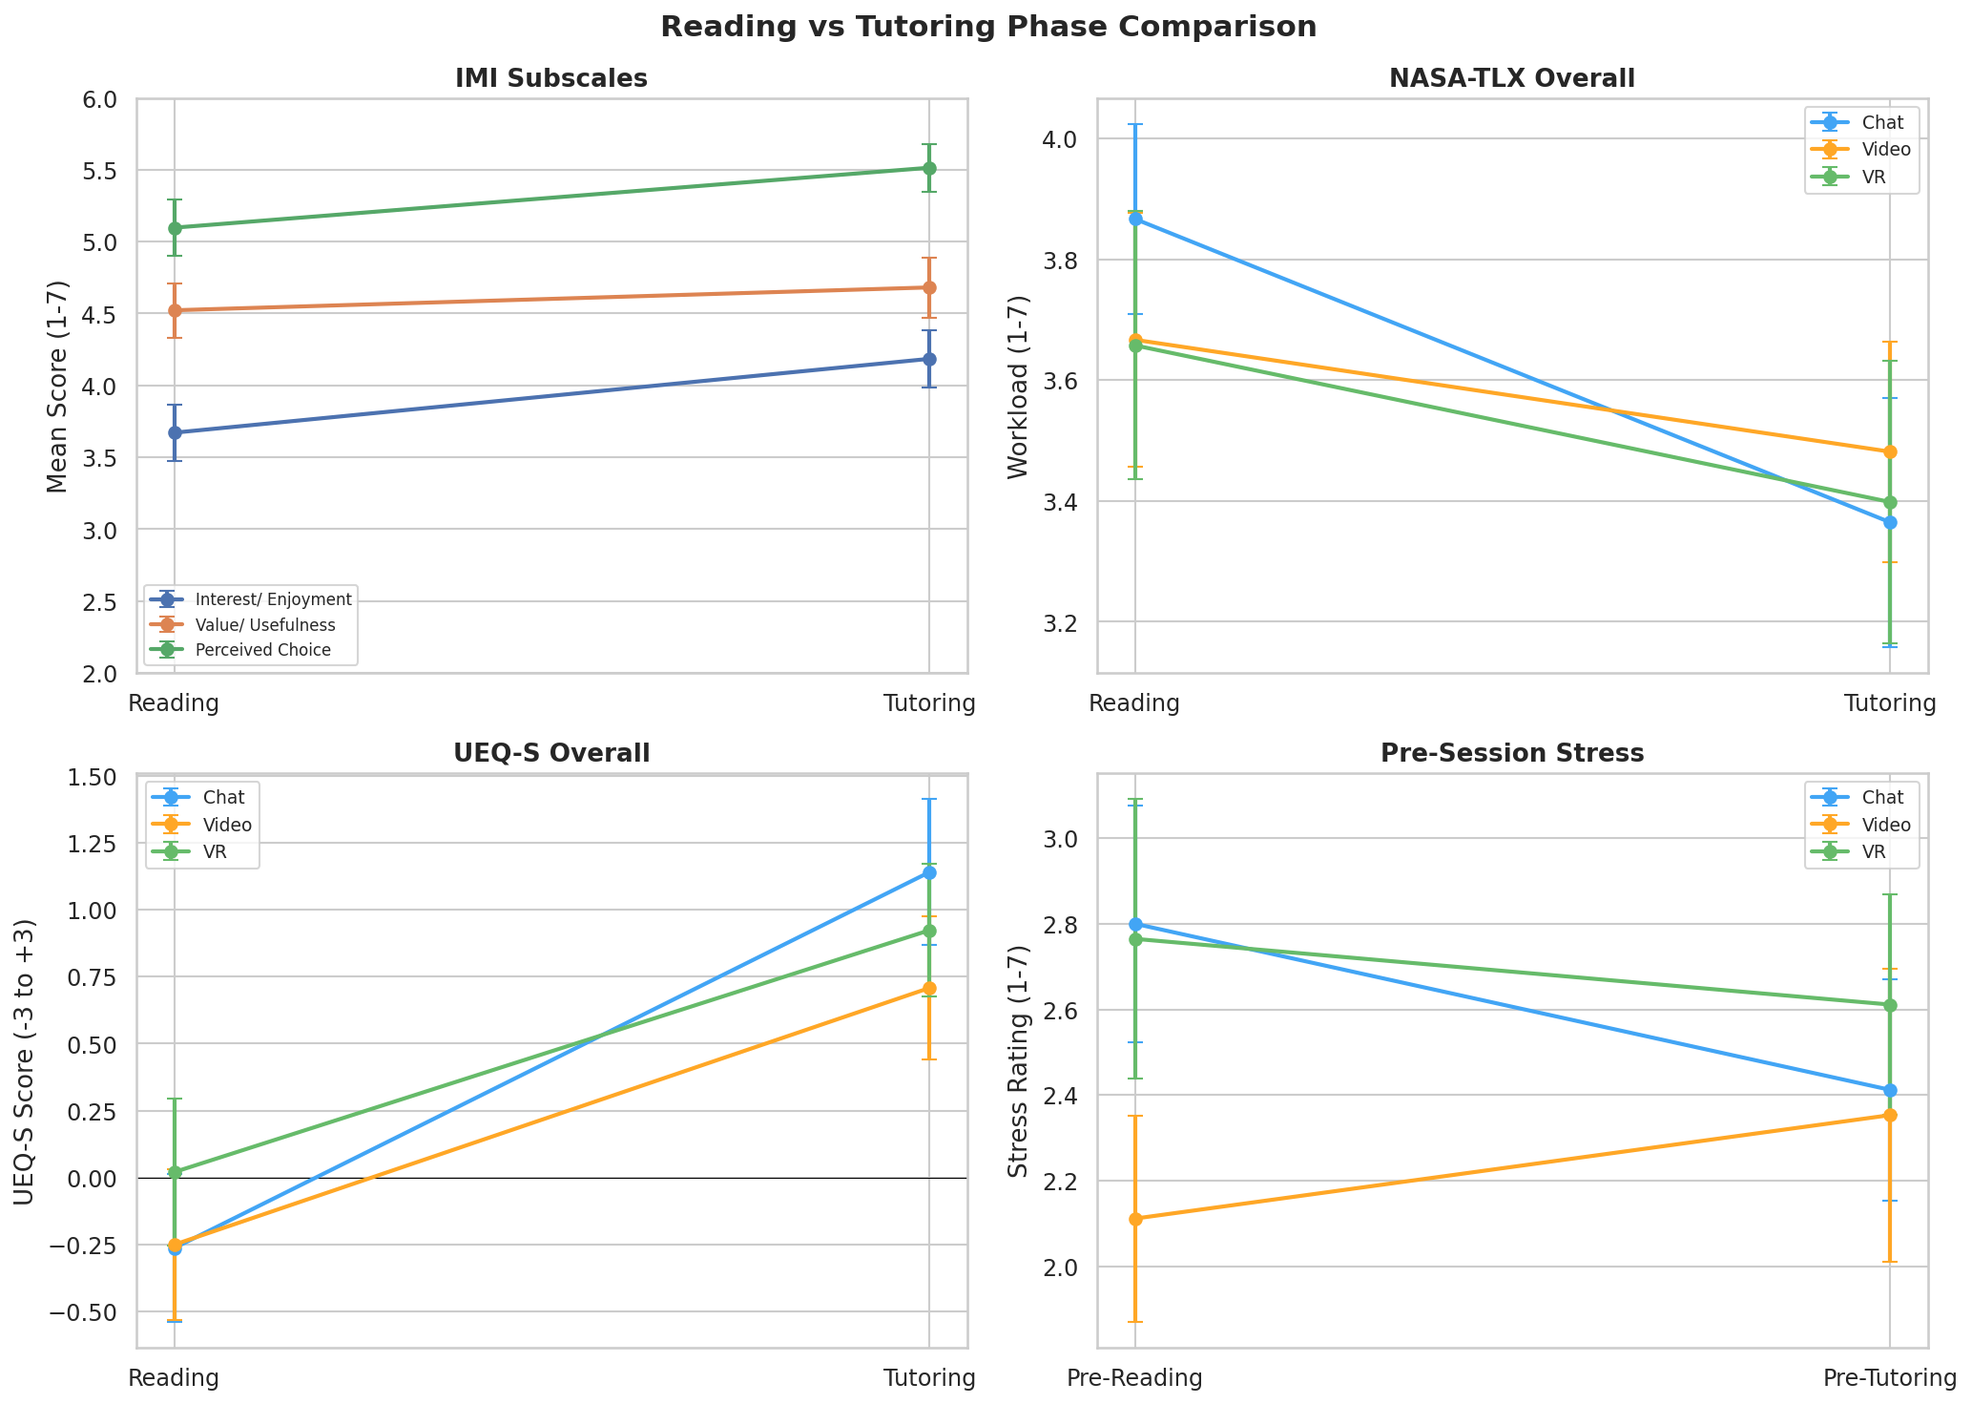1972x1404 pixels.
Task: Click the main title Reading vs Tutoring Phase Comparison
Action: coord(987,27)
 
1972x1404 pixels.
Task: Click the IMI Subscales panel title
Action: coord(551,79)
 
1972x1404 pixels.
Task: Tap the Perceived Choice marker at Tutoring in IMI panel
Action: coord(929,168)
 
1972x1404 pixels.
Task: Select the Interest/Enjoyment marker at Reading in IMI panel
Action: coord(175,432)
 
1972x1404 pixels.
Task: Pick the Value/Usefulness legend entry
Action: coord(264,625)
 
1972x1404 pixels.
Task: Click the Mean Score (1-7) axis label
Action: coord(58,387)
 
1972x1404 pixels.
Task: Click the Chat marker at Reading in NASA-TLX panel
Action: coord(1135,220)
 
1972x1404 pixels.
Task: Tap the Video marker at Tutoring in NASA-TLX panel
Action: coord(1890,451)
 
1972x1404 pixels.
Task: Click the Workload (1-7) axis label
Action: coord(1019,387)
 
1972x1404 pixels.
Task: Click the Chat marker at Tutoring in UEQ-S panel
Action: coord(929,872)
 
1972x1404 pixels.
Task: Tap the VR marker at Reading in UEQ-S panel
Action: coord(175,1171)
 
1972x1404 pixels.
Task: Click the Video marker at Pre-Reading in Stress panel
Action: coord(1135,1219)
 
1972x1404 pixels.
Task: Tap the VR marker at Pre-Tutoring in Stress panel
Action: coord(1890,1005)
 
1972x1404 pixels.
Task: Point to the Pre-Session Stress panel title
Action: coord(1512,754)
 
